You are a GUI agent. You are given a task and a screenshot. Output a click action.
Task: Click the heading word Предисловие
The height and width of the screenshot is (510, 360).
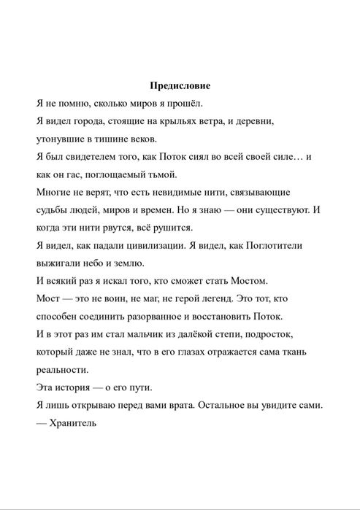point(180,85)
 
